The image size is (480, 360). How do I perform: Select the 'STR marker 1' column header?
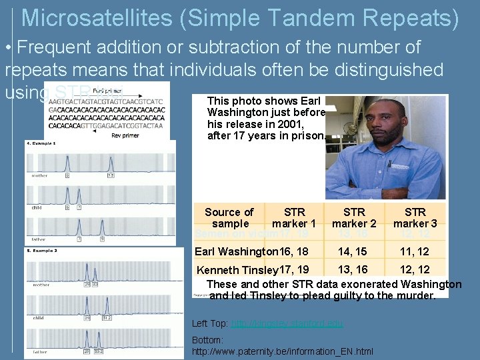(x=294, y=218)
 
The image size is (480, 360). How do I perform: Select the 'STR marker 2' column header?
(x=354, y=218)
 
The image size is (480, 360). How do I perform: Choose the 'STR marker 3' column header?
(x=415, y=218)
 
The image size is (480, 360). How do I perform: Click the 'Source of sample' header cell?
(x=229, y=218)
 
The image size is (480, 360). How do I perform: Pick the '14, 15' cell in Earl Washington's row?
(x=353, y=251)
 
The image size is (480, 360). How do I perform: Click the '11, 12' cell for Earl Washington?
(x=414, y=251)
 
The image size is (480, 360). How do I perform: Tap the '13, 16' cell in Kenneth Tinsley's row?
(x=353, y=269)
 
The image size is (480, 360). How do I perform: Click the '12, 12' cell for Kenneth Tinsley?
(x=414, y=269)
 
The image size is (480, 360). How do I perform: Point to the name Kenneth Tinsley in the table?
(x=237, y=270)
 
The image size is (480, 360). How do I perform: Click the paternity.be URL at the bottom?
(x=282, y=351)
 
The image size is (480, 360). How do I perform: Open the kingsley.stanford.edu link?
(x=287, y=323)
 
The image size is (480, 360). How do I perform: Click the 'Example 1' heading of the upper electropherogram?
(x=41, y=143)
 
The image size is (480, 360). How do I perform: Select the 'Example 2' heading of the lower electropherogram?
(x=41, y=251)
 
